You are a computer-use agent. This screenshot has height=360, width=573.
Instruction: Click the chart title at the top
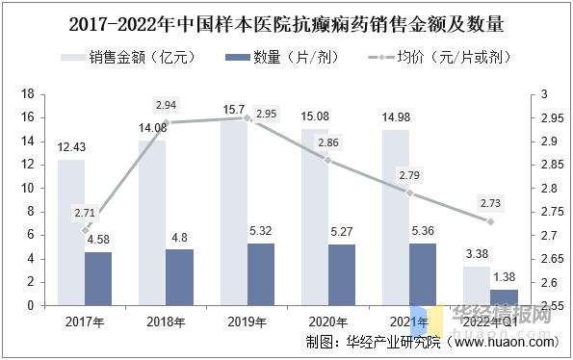pos(286,22)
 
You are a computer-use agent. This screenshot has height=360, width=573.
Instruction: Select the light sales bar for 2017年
pos(70,232)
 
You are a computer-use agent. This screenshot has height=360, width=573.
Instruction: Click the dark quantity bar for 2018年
pos(179,277)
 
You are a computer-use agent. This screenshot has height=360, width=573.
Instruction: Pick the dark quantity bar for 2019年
pos(261,274)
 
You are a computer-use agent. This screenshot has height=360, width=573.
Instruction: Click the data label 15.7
pos(234,110)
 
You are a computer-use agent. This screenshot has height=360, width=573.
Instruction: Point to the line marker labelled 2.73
pos(490,221)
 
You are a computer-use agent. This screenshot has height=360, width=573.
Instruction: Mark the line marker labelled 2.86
pos(327,160)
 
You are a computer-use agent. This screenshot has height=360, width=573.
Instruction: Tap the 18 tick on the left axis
pos(28,94)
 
